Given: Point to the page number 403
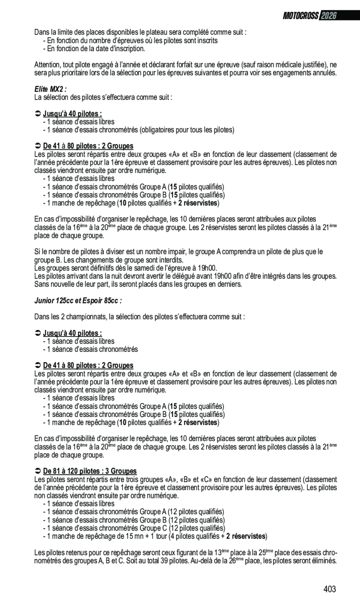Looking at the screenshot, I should tap(330, 589).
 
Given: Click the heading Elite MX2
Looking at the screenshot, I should tap(50, 89).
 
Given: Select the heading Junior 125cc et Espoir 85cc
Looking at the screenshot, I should tap(78, 301).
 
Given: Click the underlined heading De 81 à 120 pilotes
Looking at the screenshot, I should tap(90, 471).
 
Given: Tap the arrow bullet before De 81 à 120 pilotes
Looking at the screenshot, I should tap(38, 471).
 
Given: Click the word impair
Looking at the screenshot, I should tap(177, 252).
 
